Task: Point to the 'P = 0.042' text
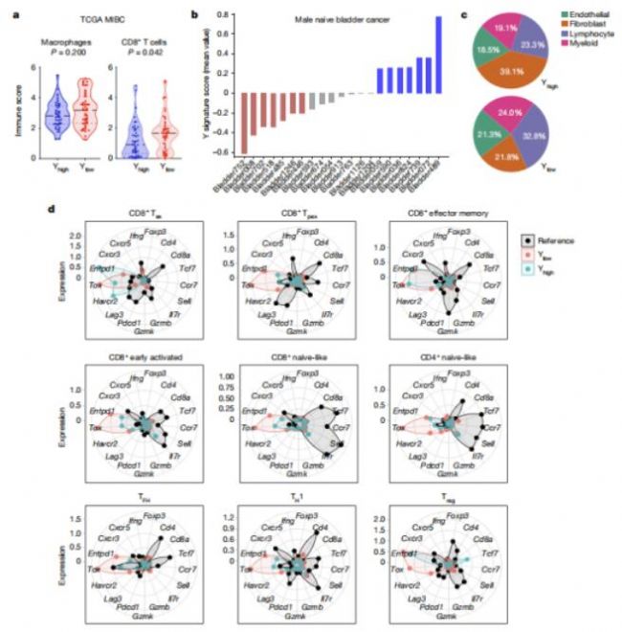coord(139,54)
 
